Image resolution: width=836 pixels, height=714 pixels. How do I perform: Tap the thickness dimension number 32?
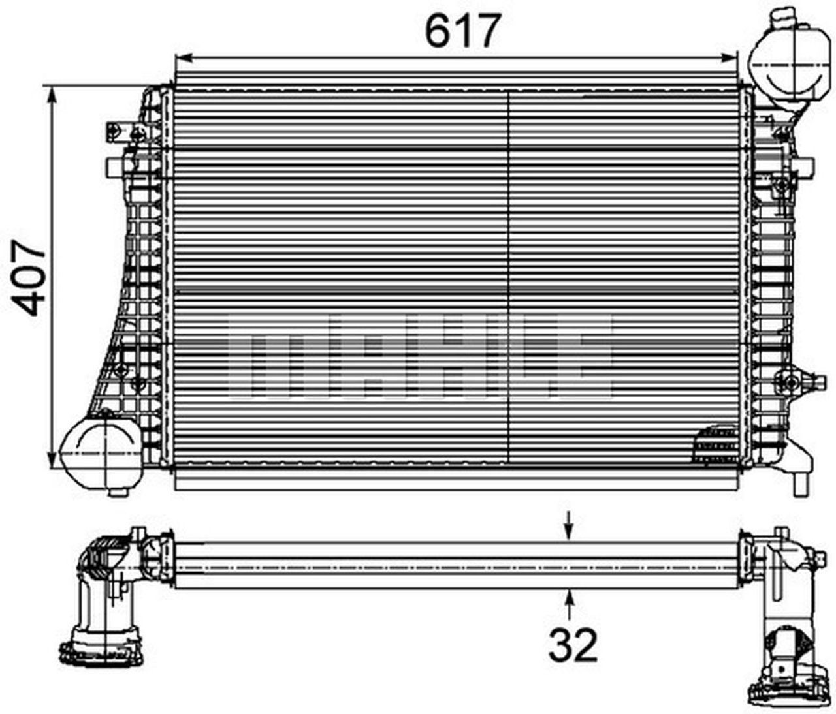click(x=573, y=645)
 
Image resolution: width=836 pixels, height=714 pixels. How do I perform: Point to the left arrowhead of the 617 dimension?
click(x=184, y=58)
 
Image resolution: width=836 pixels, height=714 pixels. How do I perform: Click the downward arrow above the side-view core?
click(x=570, y=531)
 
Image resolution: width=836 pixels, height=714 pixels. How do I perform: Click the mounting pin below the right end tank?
click(x=799, y=484)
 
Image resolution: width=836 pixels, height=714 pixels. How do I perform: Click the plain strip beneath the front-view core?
click(x=457, y=482)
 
